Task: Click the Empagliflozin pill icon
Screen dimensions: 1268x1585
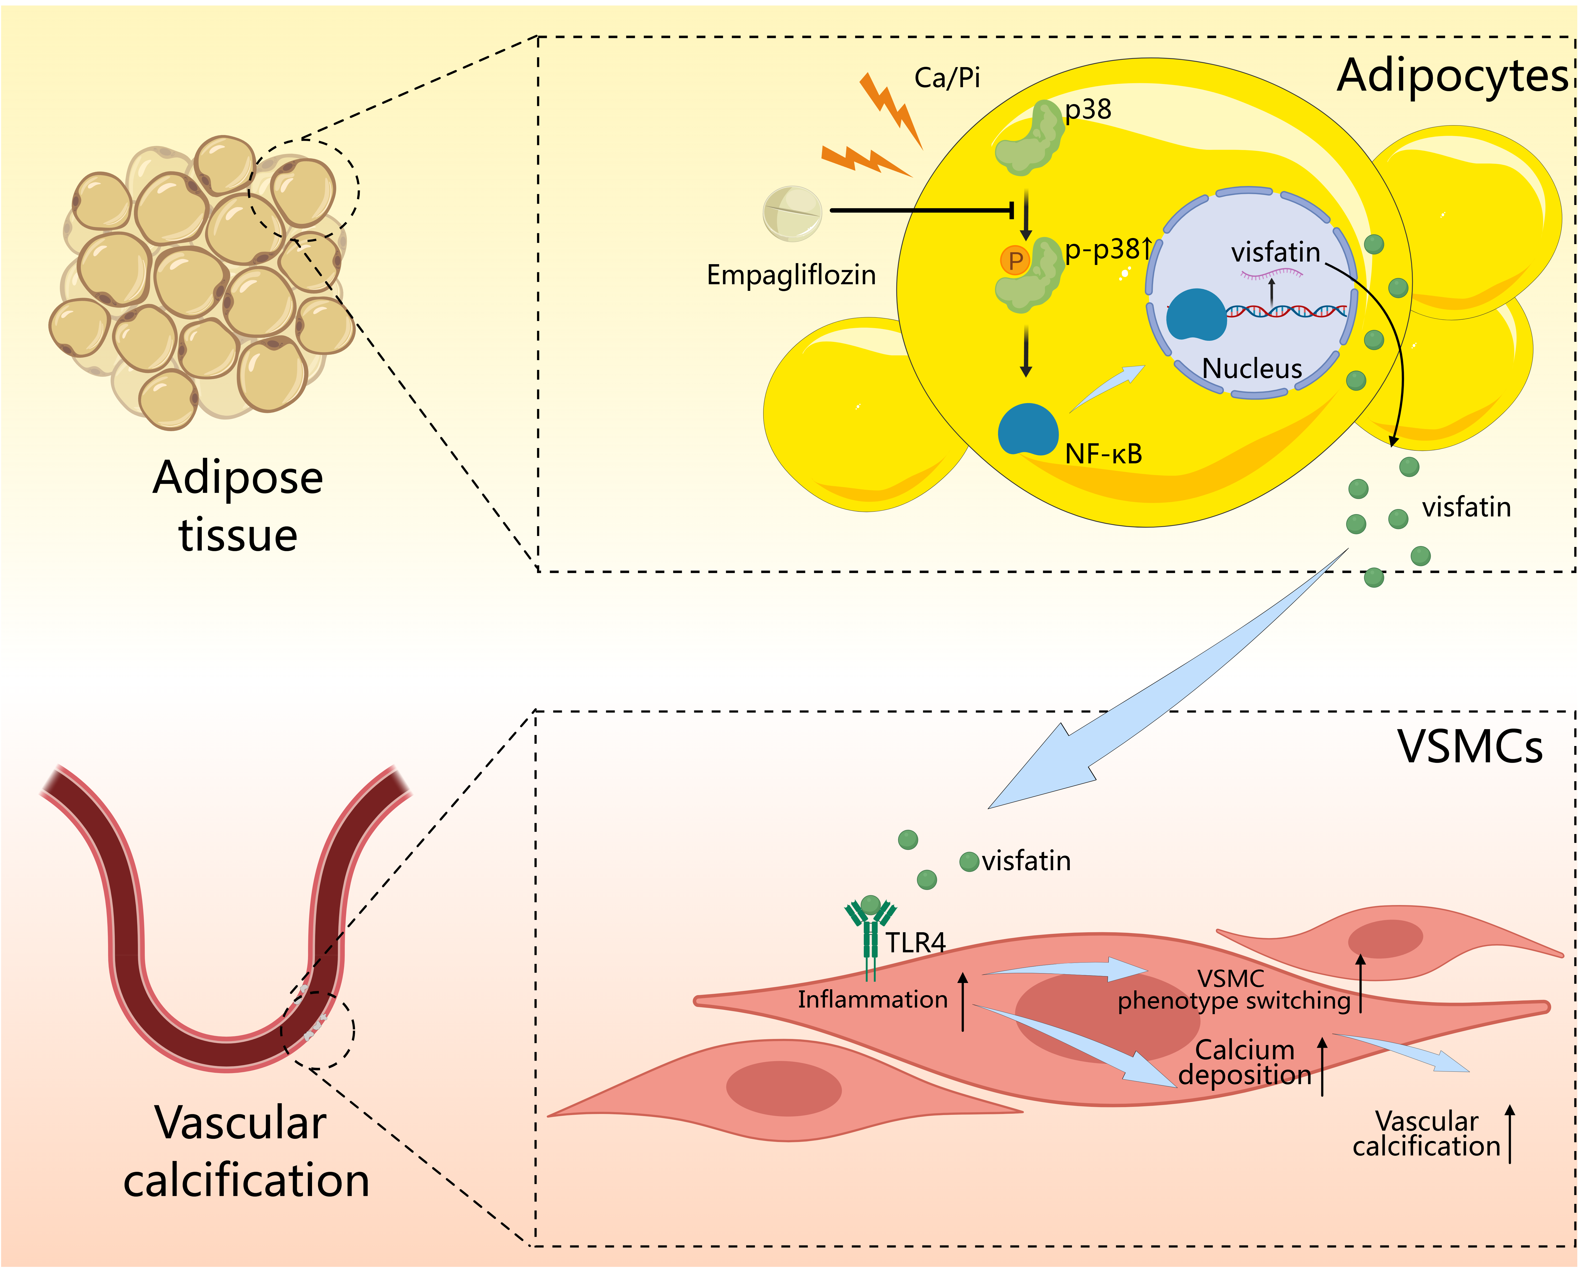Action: tap(792, 213)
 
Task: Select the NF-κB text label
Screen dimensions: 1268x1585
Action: tap(1103, 454)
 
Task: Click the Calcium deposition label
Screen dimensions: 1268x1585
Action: tap(1245, 1062)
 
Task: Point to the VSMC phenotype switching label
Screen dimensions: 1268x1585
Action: tap(1234, 989)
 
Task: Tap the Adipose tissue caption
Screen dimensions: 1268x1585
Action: tap(237, 506)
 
